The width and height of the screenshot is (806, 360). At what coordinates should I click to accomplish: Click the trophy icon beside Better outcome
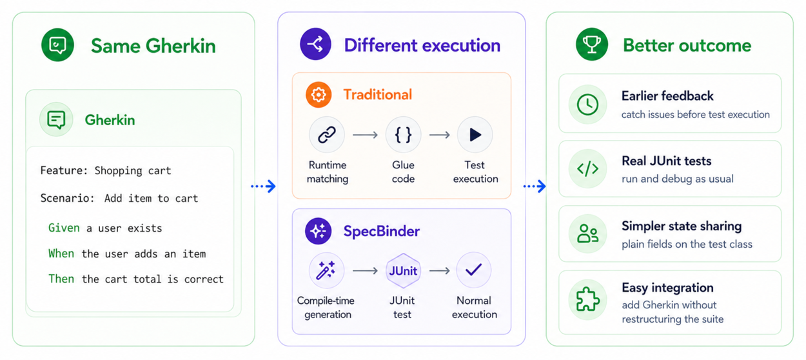pyautogui.click(x=592, y=45)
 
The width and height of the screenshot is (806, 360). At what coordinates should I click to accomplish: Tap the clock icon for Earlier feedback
pyautogui.click(x=587, y=105)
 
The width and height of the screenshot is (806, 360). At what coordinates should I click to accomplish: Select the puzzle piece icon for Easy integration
pyautogui.click(x=587, y=299)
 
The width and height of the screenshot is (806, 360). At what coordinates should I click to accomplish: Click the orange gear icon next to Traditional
pyautogui.click(x=319, y=95)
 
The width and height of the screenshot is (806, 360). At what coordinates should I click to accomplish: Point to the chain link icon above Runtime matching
pyautogui.click(x=327, y=135)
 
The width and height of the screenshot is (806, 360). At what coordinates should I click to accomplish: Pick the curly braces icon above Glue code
pyautogui.click(x=403, y=135)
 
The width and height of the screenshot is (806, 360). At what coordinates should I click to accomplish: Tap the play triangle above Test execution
pyautogui.click(x=475, y=135)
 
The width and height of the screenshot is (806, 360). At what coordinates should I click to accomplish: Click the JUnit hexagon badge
pyautogui.click(x=403, y=271)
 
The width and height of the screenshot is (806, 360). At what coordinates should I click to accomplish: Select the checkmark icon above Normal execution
pyautogui.click(x=473, y=270)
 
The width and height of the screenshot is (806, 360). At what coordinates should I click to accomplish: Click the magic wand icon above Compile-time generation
pyautogui.click(x=326, y=270)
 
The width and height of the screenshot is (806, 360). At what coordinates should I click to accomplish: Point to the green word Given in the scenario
pyautogui.click(x=64, y=228)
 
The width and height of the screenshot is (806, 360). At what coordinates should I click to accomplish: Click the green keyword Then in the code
pyautogui.click(x=61, y=279)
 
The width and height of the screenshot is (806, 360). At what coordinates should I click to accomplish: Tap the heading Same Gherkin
pyautogui.click(x=153, y=46)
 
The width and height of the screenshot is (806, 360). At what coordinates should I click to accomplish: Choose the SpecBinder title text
pyautogui.click(x=382, y=231)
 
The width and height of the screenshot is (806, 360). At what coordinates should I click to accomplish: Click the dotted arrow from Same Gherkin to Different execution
pyautogui.click(x=263, y=186)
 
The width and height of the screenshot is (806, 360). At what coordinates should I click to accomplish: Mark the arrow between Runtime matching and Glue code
pyautogui.click(x=365, y=135)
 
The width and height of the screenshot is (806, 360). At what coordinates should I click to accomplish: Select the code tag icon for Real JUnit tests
pyautogui.click(x=587, y=169)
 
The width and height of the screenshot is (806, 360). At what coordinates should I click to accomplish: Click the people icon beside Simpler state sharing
pyautogui.click(x=587, y=234)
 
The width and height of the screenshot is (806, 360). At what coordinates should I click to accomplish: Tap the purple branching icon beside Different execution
pyautogui.click(x=315, y=44)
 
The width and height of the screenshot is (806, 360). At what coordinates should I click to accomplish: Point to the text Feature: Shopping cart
pyautogui.click(x=106, y=170)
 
